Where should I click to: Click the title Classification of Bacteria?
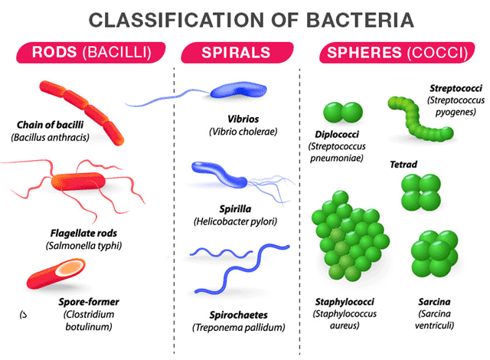point(245,18)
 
